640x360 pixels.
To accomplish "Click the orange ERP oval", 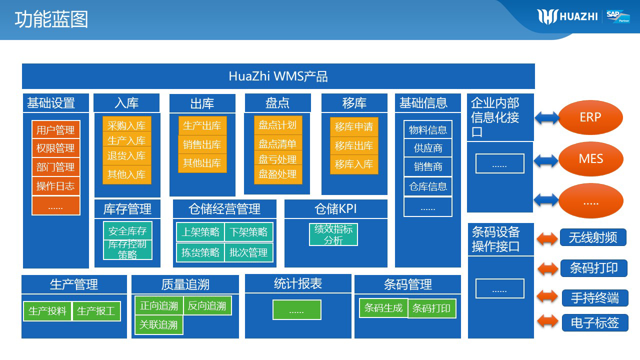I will (590, 117).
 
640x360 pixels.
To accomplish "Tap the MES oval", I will (590, 159).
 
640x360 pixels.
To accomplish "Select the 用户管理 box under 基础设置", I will (55, 130).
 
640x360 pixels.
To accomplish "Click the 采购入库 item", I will (126, 125).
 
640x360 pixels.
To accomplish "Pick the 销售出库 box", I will (202, 144).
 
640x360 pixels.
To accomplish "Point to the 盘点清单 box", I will (277, 144).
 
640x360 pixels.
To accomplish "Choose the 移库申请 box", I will (354, 127).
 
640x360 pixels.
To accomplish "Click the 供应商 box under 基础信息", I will (428, 148).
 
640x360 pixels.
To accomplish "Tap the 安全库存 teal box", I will (127, 231).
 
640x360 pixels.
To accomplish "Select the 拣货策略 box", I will (200, 252).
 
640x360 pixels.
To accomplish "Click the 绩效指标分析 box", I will (333, 234).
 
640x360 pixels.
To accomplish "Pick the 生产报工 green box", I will (96, 311).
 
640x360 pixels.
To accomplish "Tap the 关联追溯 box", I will (158, 325).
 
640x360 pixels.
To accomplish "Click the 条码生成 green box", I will (383, 308).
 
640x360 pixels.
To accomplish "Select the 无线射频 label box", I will (593, 237).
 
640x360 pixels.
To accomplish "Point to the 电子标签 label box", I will (594, 323).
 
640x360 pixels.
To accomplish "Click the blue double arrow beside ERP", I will (546, 118).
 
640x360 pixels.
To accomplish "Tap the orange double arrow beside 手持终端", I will (547, 296).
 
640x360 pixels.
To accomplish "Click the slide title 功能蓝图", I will (51, 19).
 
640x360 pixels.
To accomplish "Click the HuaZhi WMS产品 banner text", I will (278, 76).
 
